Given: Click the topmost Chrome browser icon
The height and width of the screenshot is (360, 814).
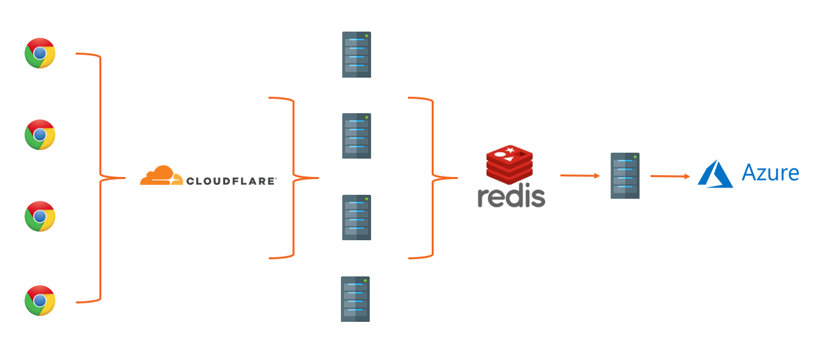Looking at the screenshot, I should tap(40, 53).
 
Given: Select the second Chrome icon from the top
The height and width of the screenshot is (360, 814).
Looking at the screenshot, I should tap(40, 135).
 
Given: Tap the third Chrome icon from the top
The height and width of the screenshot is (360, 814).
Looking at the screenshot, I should tap(40, 217).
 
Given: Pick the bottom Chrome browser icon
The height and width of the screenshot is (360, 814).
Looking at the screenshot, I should tap(40, 301).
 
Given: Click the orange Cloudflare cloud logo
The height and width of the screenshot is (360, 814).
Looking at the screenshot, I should tap(161, 176).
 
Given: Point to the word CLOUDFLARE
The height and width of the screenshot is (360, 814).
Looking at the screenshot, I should tap(231, 180).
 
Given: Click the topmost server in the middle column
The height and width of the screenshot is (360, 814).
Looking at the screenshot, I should tap(357, 55).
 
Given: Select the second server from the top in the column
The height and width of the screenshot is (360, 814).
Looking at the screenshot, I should tap(357, 136).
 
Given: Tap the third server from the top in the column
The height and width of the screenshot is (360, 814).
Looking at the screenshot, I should tap(357, 218).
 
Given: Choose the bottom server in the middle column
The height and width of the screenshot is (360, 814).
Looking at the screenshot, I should tap(355, 299).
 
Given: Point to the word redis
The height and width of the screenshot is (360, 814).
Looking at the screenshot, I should tap(511, 196).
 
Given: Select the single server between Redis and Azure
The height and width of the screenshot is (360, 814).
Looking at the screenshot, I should tap(625, 176).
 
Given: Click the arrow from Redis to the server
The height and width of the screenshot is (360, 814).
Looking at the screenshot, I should tap(580, 176).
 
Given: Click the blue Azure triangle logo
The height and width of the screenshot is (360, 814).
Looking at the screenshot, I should tap(715, 174).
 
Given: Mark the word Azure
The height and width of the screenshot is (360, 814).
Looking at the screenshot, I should tap(770, 173).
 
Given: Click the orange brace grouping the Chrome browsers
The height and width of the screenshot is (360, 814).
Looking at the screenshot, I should tap(100, 178).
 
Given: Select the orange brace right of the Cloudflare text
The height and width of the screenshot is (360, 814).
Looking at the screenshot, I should tap(293, 178).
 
